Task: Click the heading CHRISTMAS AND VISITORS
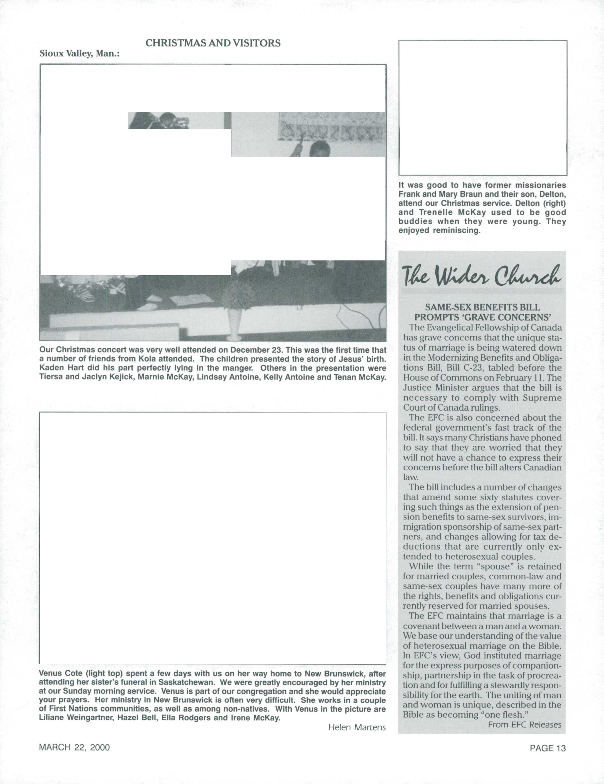click(x=213, y=43)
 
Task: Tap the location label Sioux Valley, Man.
click(x=79, y=54)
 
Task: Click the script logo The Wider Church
click(x=482, y=276)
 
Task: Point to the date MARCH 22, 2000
click(x=74, y=747)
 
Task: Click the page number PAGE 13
click(x=548, y=748)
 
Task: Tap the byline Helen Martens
click(x=357, y=727)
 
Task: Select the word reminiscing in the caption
click(x=456, y=230)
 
